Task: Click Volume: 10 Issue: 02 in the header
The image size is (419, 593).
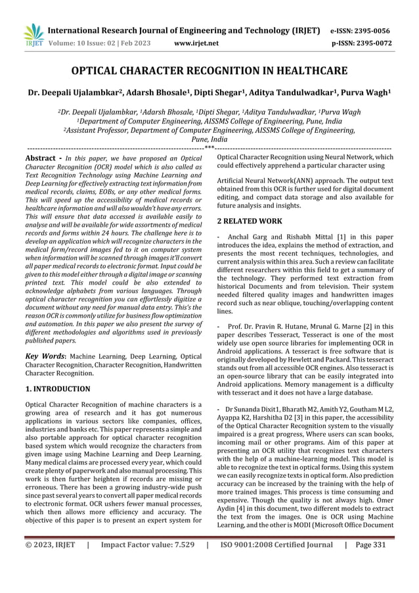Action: point(91,43)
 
